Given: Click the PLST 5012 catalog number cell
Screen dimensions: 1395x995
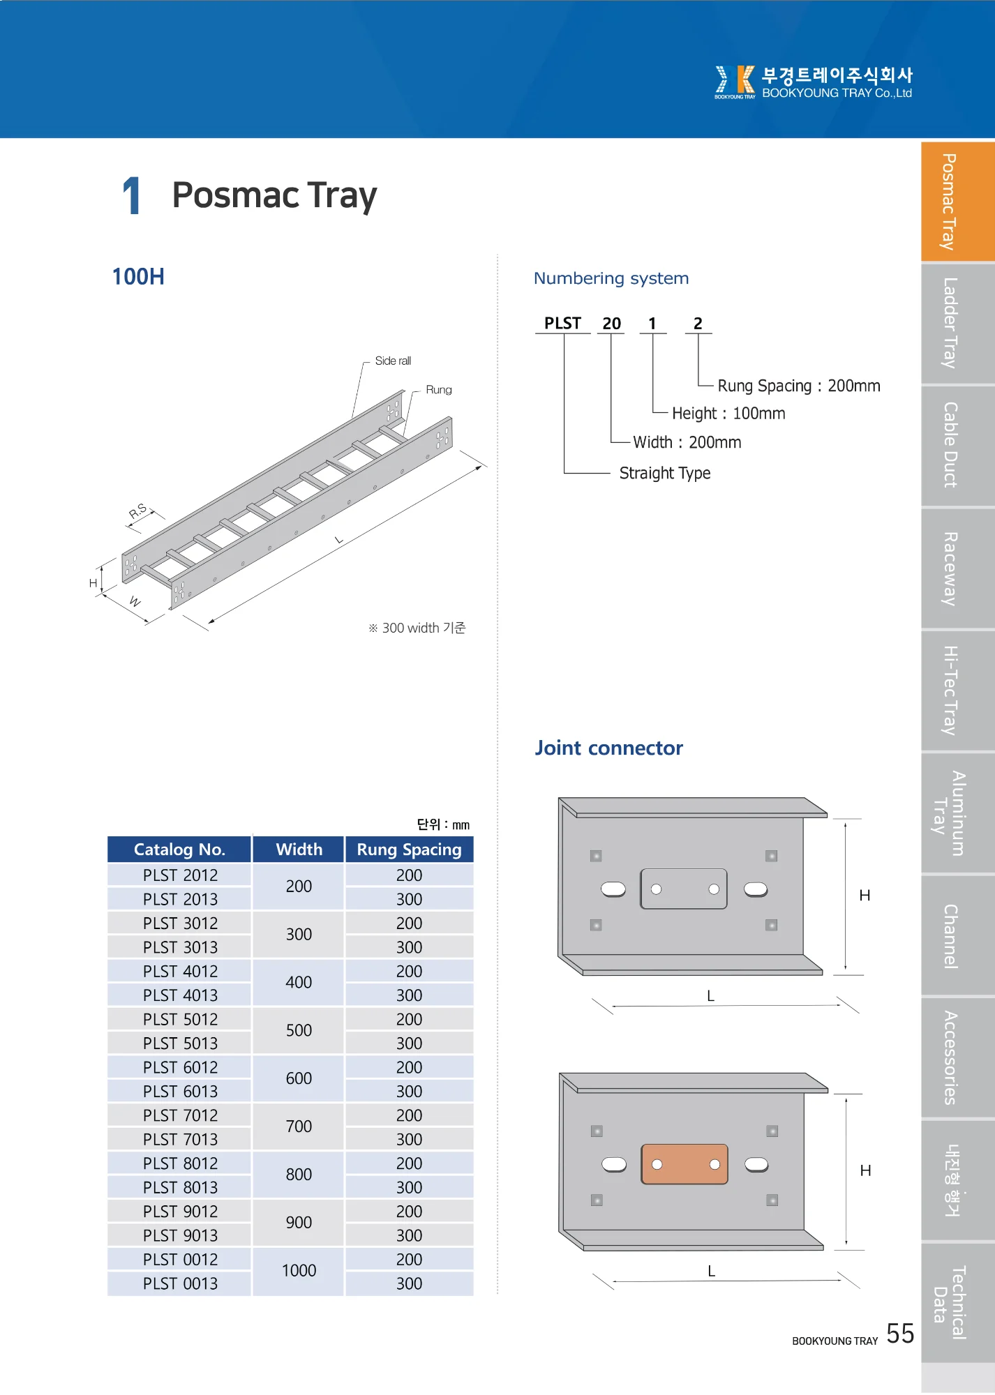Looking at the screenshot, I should click(180, 1019).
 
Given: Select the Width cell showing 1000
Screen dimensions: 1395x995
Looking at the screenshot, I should click(299, 1271).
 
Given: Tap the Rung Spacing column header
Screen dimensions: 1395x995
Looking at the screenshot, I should click(409, 850).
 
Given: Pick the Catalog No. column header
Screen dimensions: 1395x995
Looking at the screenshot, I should click(179, 850).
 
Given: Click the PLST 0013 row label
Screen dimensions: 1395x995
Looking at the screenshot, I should click(180, 1283).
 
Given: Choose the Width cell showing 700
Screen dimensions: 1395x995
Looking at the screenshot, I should click(299, 1126).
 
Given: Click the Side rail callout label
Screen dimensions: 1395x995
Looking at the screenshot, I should click(393, 361).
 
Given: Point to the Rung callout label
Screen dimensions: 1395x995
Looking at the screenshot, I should click(438, 389).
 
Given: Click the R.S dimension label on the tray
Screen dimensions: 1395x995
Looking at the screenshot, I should click(138, 511).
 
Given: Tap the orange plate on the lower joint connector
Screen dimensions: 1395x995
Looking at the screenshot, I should click(684, 1164).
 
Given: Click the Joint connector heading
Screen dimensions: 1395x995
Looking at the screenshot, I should click(608, 748).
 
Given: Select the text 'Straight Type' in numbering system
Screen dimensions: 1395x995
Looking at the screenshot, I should click(664, 473).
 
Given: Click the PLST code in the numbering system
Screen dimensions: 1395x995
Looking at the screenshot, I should click(562, 323).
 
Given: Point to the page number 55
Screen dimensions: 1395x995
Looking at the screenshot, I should click(900, 1334).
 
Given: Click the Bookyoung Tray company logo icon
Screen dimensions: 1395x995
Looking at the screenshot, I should click(735, 81).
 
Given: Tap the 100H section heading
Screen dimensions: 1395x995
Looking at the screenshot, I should click(138, 276).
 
